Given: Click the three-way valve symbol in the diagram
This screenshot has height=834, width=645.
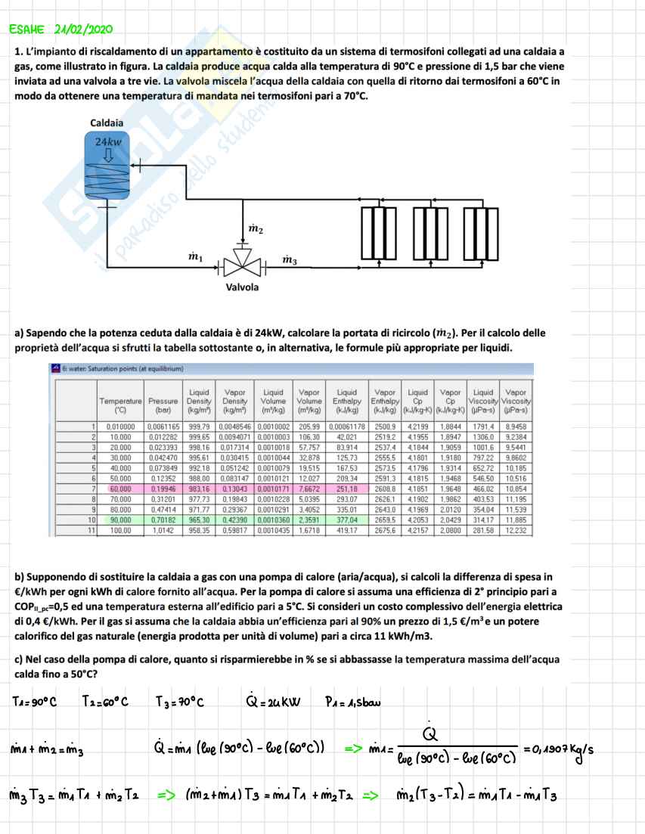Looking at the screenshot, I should click(243, 264).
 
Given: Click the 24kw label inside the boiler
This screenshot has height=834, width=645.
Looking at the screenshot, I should click(108, 141).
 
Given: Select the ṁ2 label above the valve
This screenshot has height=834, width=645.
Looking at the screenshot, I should click(256, 228).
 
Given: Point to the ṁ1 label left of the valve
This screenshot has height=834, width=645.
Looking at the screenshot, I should click(195, 257).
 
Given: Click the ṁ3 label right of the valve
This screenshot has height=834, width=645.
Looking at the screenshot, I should click(290, 261).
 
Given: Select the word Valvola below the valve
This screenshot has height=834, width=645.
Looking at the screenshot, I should click(242, 287).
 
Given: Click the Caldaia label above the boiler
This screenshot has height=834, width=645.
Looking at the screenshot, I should click(107, 122).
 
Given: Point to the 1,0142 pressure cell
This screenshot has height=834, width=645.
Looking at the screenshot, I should click(160, 530).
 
